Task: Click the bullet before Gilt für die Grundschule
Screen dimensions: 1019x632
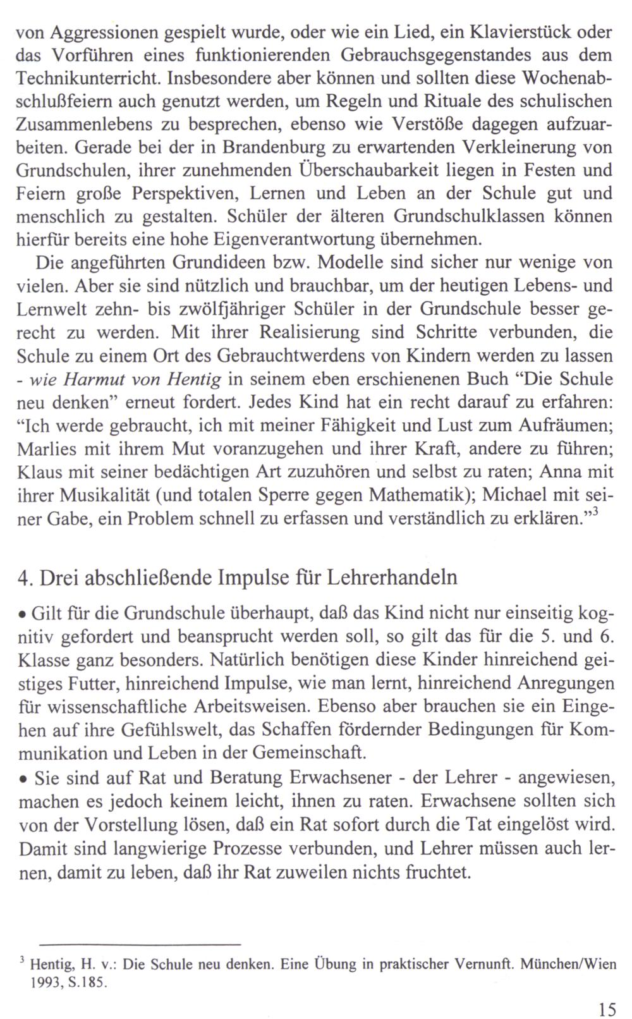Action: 22,615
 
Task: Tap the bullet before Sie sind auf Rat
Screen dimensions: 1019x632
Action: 22,778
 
